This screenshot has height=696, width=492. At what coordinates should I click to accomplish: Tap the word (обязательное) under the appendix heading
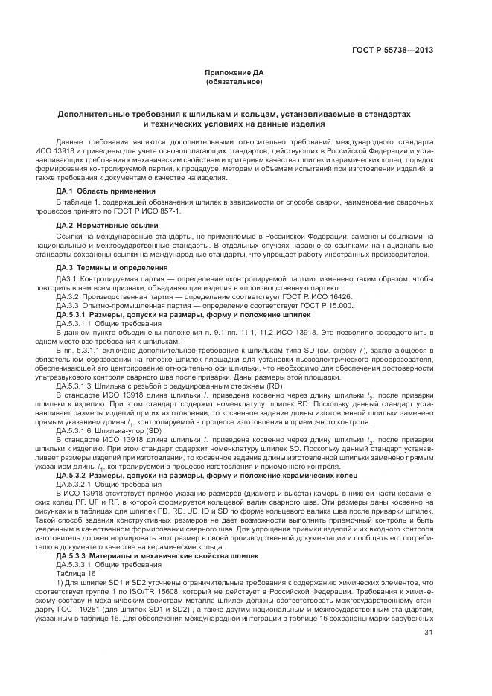(234, 81)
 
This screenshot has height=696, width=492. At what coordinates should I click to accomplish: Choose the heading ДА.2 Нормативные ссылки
(97, 224)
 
